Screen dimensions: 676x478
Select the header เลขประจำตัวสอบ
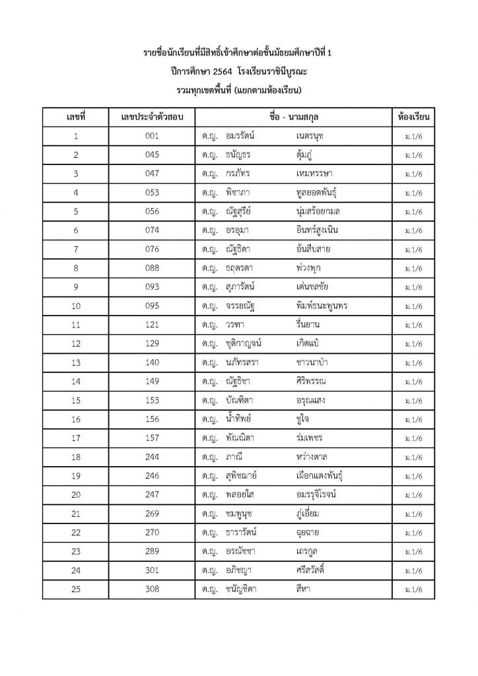[x=152, y=117]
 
